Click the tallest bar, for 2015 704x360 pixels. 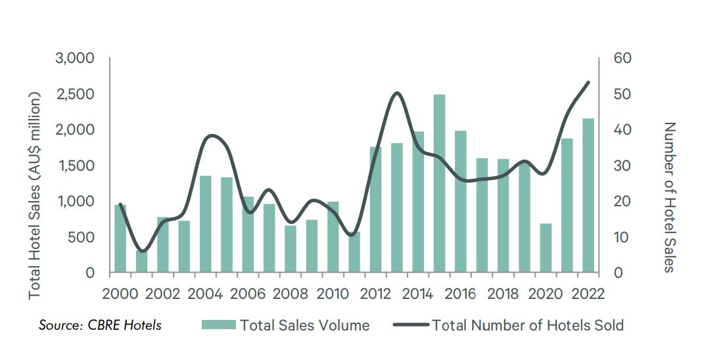pyautogui.click(x=439, y=183)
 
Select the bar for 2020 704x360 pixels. pyautogui.click(x=546, y=248)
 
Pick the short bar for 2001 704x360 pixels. pyautogui.click(x=141, y=261)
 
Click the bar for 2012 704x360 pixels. pyautogui.click(x=375, y=209)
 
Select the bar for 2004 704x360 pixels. pyautogui.click(x=205, y=223)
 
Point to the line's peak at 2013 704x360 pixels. pyautogui.click(x=396, y=93)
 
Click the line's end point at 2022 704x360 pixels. pyautogui.click(x=588, y=83)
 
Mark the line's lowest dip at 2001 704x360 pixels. pyautogui.click(x=143, y=251)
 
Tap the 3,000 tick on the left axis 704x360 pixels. pyautogui.click(x=78, y=58)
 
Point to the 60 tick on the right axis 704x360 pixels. pyautogui.click(x=622, y=58)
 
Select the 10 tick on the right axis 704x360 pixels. pyautogui.click(x=621, y=237)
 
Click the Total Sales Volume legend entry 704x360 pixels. pyautogui.click(x=285, y=325)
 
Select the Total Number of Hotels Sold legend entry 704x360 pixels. pyautogui.click(x=508, y=325)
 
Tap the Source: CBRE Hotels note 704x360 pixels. pyautogui.click(x=100, y=325)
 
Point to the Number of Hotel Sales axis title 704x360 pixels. pyautogui.click(x=669, y=197)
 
